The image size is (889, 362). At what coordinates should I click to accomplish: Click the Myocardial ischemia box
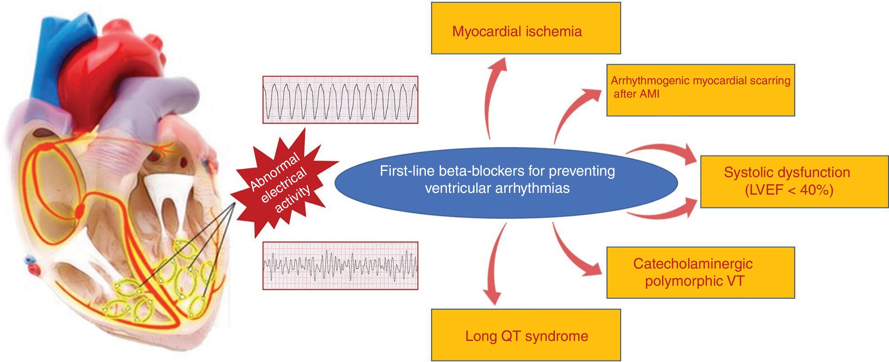click(526, 28)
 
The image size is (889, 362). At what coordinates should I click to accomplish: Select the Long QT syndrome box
click(526, 335)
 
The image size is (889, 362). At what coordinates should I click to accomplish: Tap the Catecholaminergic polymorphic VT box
click(700, 272)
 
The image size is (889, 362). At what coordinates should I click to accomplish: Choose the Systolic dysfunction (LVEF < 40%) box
click(794, 182)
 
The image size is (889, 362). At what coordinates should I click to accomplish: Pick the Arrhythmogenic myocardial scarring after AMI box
click(700, 90)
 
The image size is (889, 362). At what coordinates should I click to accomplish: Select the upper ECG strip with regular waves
click(340, 100)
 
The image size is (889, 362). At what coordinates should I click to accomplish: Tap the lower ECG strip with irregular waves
click(340, 265)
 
